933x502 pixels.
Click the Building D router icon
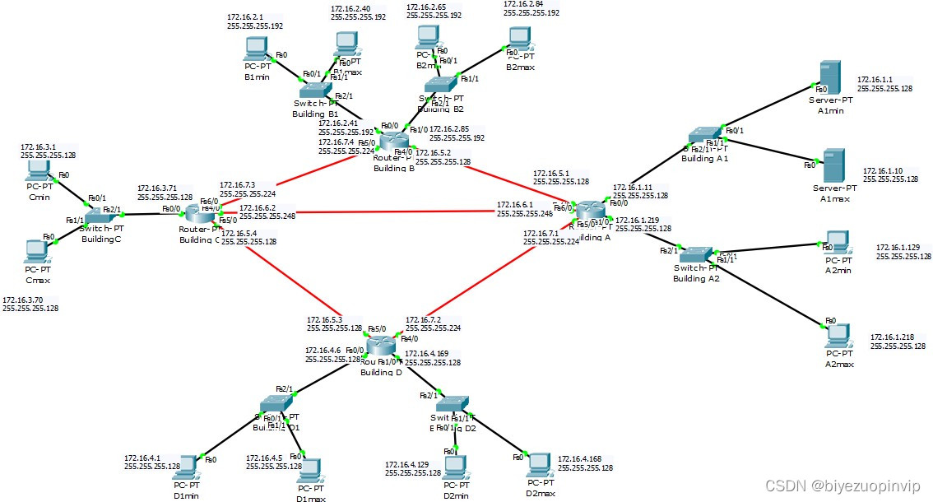[381, 346]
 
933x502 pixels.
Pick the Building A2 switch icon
[696, 255]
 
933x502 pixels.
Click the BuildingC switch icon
[100, 211]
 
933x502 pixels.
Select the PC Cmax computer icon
[35, 250]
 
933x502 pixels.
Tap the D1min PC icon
[187, 467]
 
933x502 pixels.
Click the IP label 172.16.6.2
[257, 208]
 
